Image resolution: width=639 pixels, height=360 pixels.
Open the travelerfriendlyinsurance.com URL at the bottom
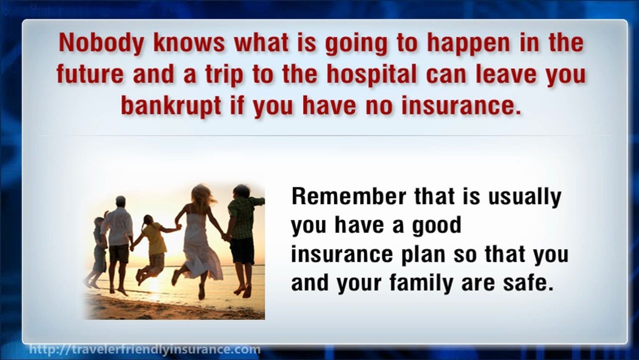[x=145, y=349]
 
